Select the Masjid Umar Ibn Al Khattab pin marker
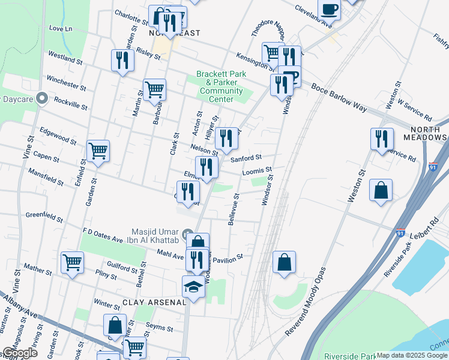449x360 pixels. coord(187,233)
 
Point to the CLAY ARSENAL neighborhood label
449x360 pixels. coord(154,302)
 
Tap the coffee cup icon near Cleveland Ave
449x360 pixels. coord(329,10)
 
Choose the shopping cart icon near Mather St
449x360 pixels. coord(72,262)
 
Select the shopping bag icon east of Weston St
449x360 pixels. coord(381,191)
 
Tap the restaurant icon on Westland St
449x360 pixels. coord(122,61)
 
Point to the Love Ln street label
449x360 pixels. coord(61,28)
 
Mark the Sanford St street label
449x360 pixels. coord(247,158)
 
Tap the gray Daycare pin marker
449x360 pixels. coord(41,97)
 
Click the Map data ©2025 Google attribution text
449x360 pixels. coord(412,355)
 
